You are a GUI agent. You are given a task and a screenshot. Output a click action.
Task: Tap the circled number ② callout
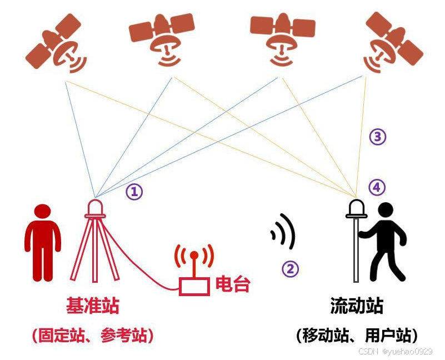pos(291,269)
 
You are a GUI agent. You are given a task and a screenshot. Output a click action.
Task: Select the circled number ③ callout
pos(378,137)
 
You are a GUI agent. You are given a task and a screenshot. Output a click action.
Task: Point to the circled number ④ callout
pos(377,188)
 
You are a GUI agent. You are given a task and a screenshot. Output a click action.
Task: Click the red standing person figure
pos(42,242)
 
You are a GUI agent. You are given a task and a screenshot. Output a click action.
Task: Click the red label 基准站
pos(93,306)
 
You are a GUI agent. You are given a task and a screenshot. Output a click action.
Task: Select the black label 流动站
pos(357,306)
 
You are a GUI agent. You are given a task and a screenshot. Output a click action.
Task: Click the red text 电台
pos(233,284)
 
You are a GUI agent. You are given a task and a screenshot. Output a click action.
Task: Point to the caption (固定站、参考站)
pos(93,335)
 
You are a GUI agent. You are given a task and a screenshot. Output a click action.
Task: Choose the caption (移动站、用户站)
pos(357,335)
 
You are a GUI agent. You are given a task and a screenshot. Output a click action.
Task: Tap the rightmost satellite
pos(393,45)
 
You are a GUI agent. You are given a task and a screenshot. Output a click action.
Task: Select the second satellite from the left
pos(161,38)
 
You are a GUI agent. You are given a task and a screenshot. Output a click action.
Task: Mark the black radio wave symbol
pos(283,231)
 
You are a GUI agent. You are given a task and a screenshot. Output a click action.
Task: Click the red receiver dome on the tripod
pos(95,208)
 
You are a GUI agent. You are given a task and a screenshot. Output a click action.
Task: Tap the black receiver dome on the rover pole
pos(356,209)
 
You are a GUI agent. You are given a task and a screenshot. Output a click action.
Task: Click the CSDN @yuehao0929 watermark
pos(395,351)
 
